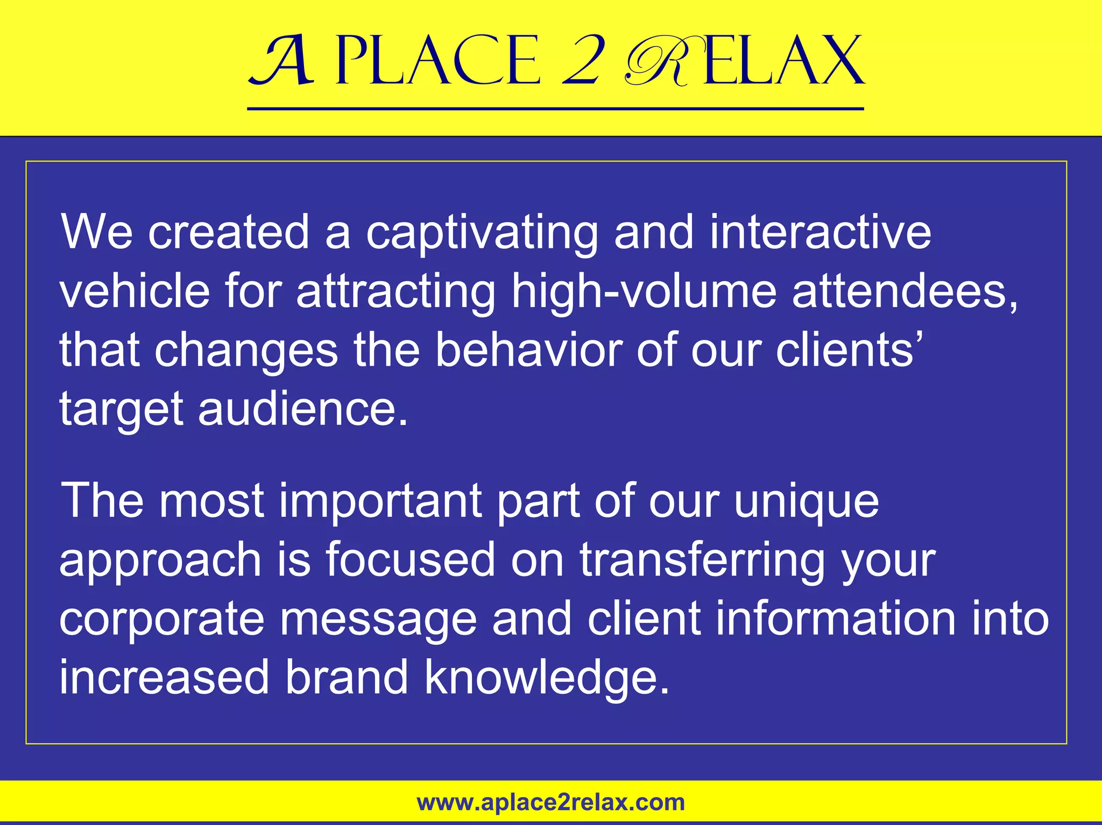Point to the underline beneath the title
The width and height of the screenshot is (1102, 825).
(555, 109)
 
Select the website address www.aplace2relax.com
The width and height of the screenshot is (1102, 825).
(551, 802)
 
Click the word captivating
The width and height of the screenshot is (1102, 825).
(482, 233)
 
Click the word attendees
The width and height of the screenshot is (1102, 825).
(905, 292)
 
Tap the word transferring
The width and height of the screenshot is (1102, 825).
(702, 561)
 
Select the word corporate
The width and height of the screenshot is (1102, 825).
(161, 620)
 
